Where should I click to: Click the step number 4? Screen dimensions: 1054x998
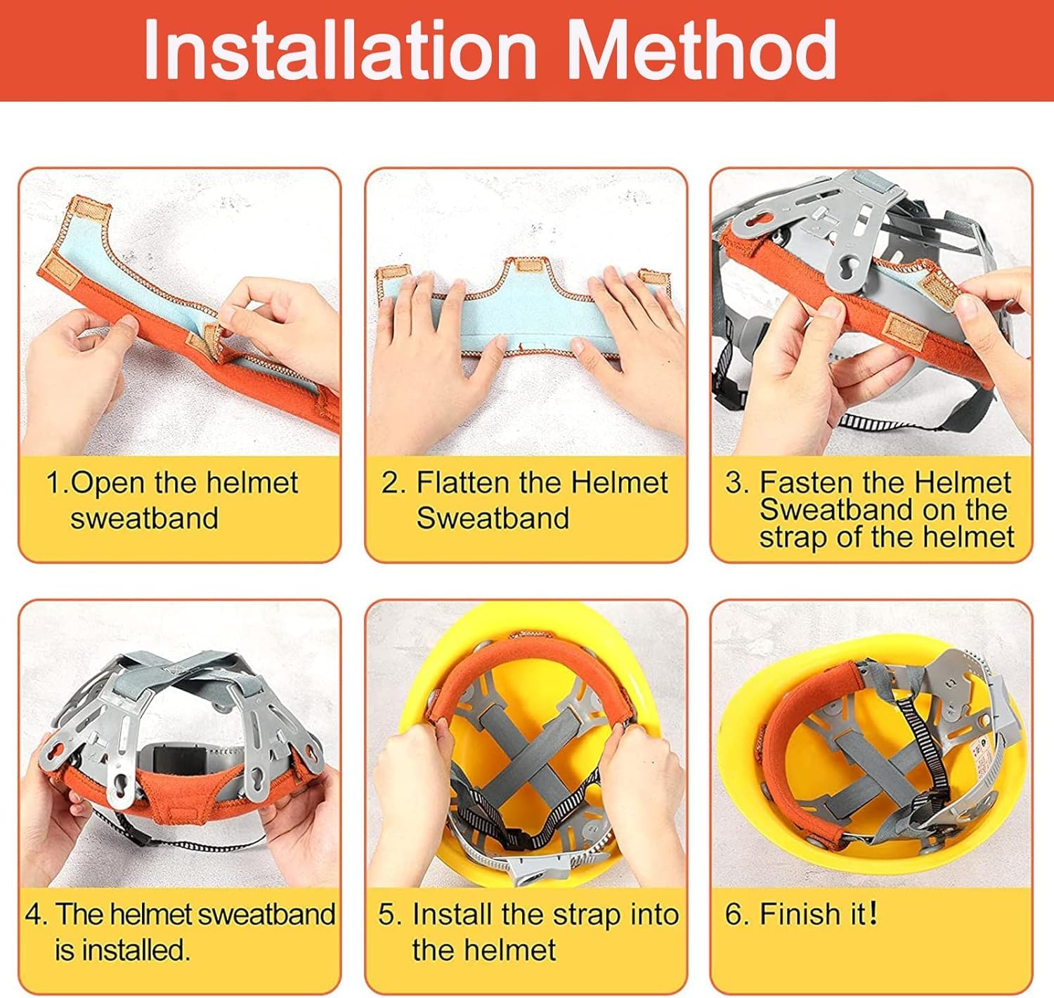[x=34, y=914]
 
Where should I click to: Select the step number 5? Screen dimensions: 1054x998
[x=388, y=914]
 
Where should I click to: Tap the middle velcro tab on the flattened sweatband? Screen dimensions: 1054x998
[x=528, y=265]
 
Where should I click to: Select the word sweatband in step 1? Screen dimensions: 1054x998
[x=144, y=518]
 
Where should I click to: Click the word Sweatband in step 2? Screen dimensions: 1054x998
[x=493, y=518]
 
